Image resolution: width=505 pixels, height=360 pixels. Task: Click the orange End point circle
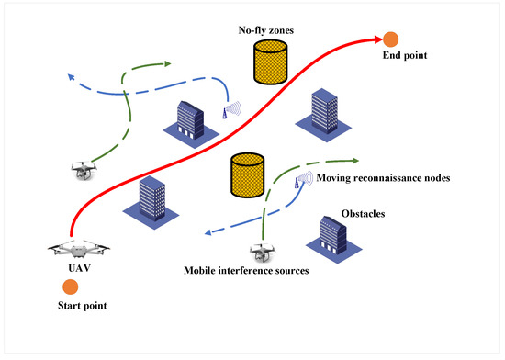click(390, 39)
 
